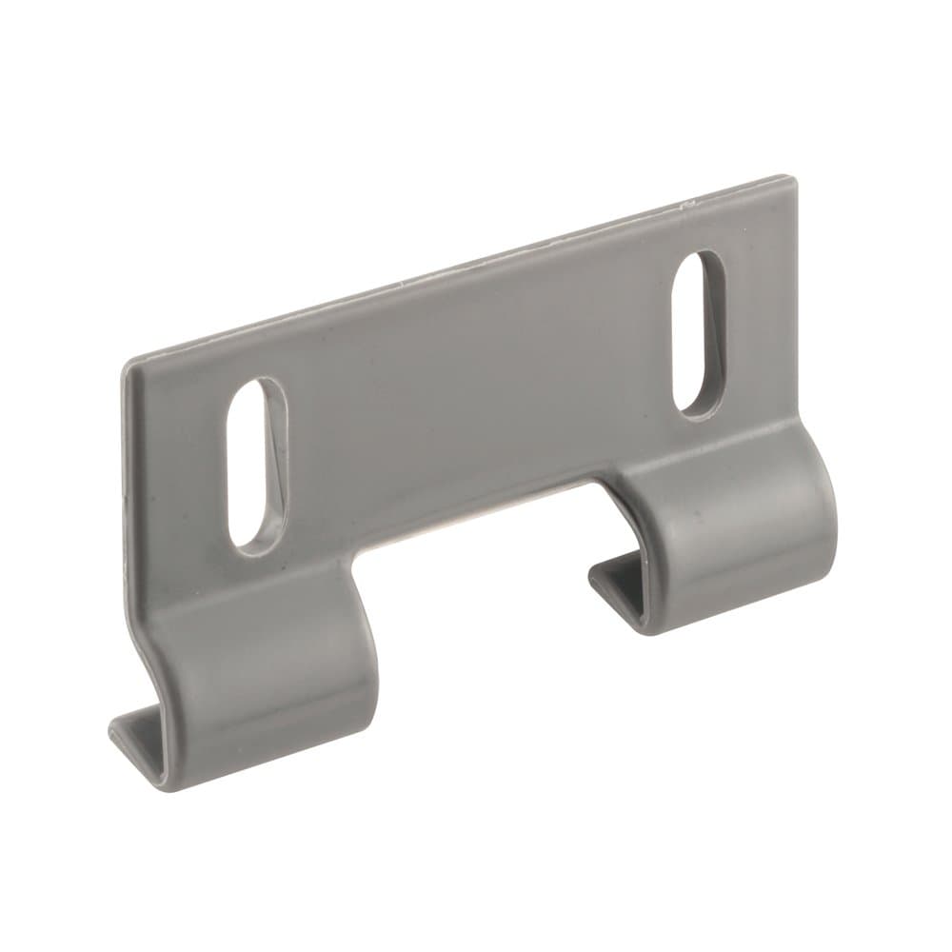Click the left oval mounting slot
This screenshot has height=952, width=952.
(x=256, y=465)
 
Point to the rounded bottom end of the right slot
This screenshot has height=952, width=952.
(x=692, y=404)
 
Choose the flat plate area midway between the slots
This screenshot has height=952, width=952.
(x=476, y=381)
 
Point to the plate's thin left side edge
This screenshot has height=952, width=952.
(x=126, y=476)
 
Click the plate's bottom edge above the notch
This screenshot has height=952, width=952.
(x=476, y=500)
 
